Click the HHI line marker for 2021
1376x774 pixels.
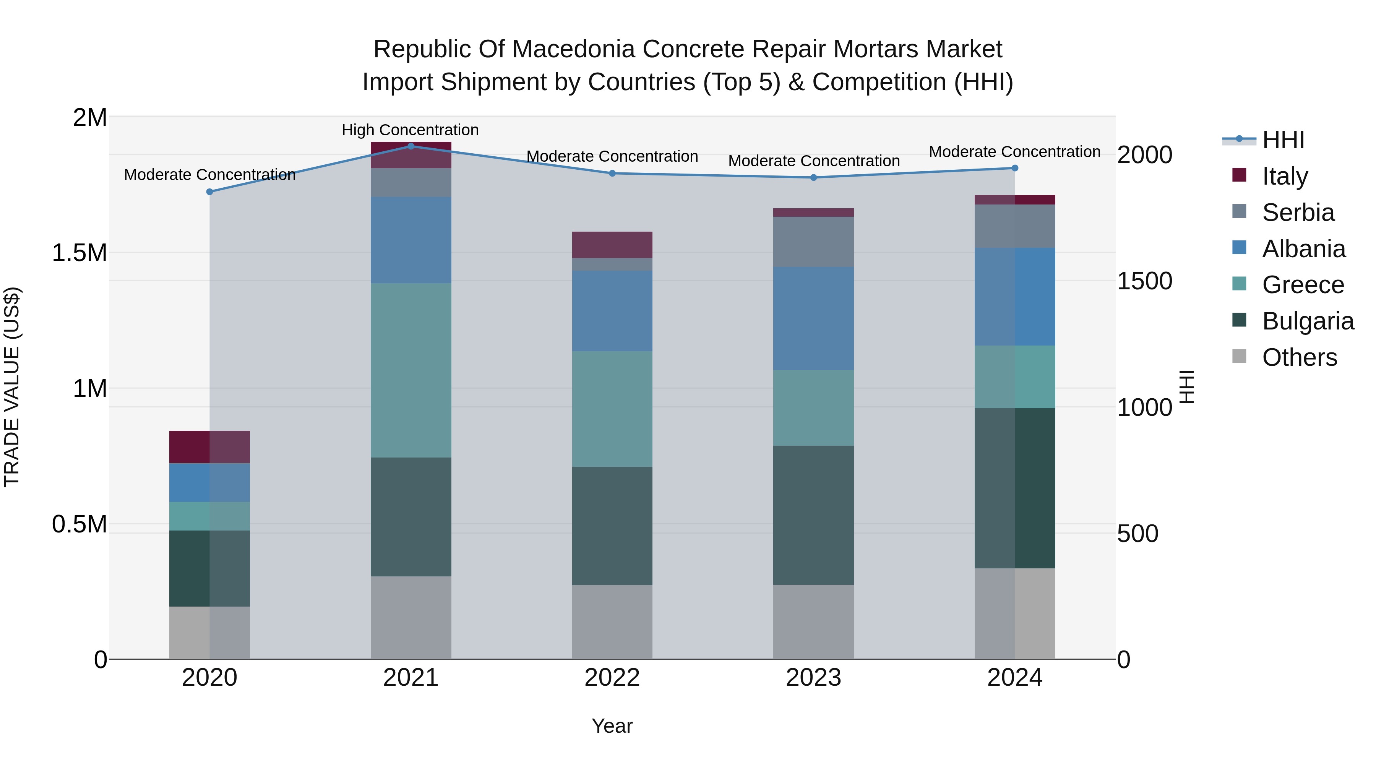(411, 146)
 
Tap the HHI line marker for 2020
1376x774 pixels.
(209, 192)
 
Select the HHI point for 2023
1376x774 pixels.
(813, 177)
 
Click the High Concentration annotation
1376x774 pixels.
(410, 130)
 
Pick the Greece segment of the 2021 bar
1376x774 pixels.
(411, 370)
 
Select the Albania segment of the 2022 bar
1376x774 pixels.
(612, 310)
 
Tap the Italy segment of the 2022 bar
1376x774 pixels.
(612, 245)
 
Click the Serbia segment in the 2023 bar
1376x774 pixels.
(813, 242)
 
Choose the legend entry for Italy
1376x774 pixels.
(1285, 176)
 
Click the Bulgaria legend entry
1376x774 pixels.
(1307, 321)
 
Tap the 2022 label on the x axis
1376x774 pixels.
(612, 678)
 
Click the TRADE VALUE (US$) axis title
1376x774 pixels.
(12, 387)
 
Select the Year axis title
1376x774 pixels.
(612, 726)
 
